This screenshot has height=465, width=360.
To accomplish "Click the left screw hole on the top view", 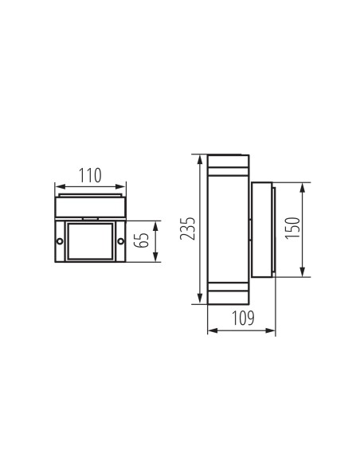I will (59, 241).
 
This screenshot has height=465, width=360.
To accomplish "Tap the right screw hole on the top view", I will (120, 241).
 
